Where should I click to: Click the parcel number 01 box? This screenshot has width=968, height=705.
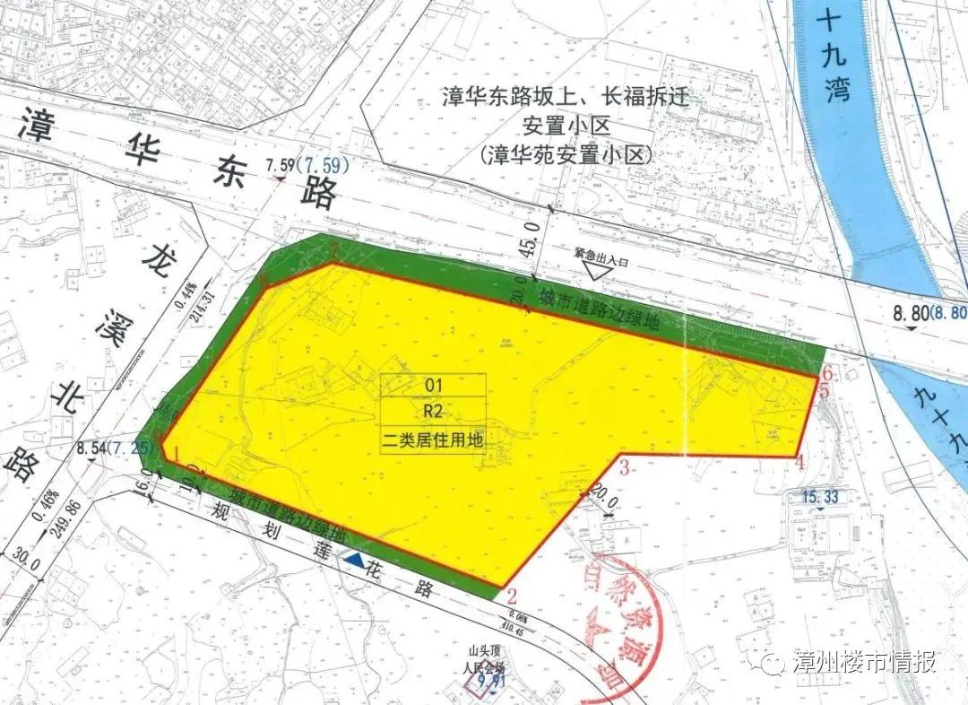click(x=434, y=385)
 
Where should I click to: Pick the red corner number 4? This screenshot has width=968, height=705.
click(x=799, y=463)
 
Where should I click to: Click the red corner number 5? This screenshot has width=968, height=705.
click(x=824, y=391)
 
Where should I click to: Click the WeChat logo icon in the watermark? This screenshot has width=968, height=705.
click(x=772, y=663)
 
